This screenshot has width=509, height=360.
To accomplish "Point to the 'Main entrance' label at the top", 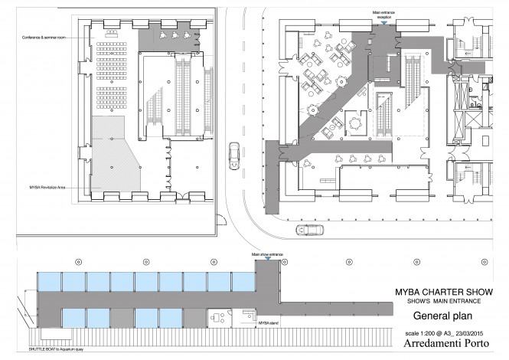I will [x=383, y=13].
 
